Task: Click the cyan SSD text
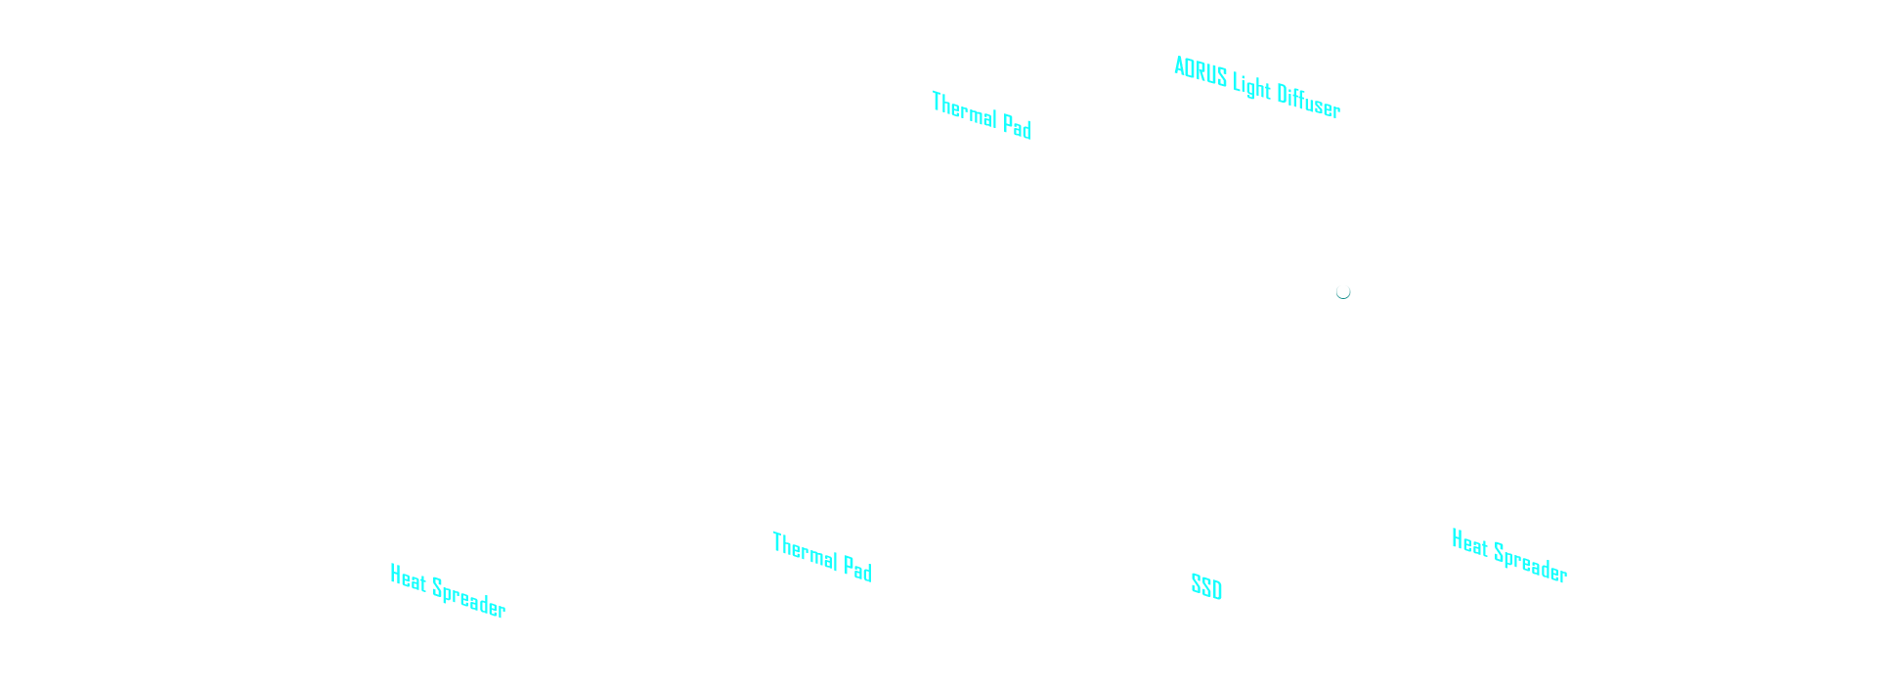pos(1206,587)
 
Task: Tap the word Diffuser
pos(1309,101)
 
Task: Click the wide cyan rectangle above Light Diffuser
pos(1256,67)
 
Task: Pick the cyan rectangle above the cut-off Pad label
pos(981,103)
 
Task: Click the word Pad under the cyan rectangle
pos(1018,128)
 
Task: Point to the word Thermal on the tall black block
pos(805,551)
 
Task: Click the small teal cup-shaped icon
pos(1343,291)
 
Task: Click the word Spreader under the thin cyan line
pos(469,597)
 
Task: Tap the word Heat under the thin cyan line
pos(408,579)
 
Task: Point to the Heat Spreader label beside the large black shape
pos(1509,556)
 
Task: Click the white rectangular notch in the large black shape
pos(1272,591)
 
